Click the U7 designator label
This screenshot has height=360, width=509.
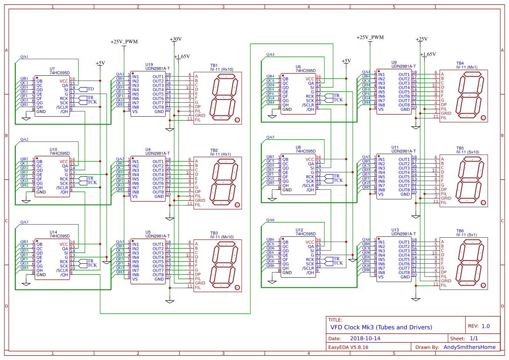coord(52,69)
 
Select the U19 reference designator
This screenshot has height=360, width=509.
coord(149,64)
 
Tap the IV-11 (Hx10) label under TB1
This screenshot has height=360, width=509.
coord(222,69)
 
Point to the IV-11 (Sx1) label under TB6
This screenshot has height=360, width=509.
coord(466,235)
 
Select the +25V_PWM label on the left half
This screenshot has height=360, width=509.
coord(124,42)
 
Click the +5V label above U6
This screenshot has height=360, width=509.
coord(346,61)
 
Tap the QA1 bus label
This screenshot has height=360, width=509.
coord(24,57)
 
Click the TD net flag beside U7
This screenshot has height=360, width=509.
coord(91,89)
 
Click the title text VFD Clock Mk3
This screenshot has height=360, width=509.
coord(381,327)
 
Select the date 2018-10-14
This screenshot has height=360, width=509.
coord(365,338)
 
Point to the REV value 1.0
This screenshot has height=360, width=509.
coord(485,326)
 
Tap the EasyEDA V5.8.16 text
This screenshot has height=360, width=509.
coord(348,347)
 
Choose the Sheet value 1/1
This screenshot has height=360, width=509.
coord(474,338)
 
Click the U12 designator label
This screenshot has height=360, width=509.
coord(299,230)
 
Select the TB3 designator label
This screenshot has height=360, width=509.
coord(214,233)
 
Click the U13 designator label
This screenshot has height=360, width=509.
coord(395,230)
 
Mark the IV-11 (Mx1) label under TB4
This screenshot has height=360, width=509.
coord(467,67)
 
